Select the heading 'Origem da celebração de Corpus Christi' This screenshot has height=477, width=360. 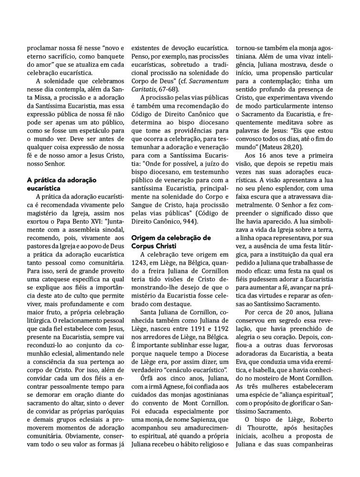[170, 241]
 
